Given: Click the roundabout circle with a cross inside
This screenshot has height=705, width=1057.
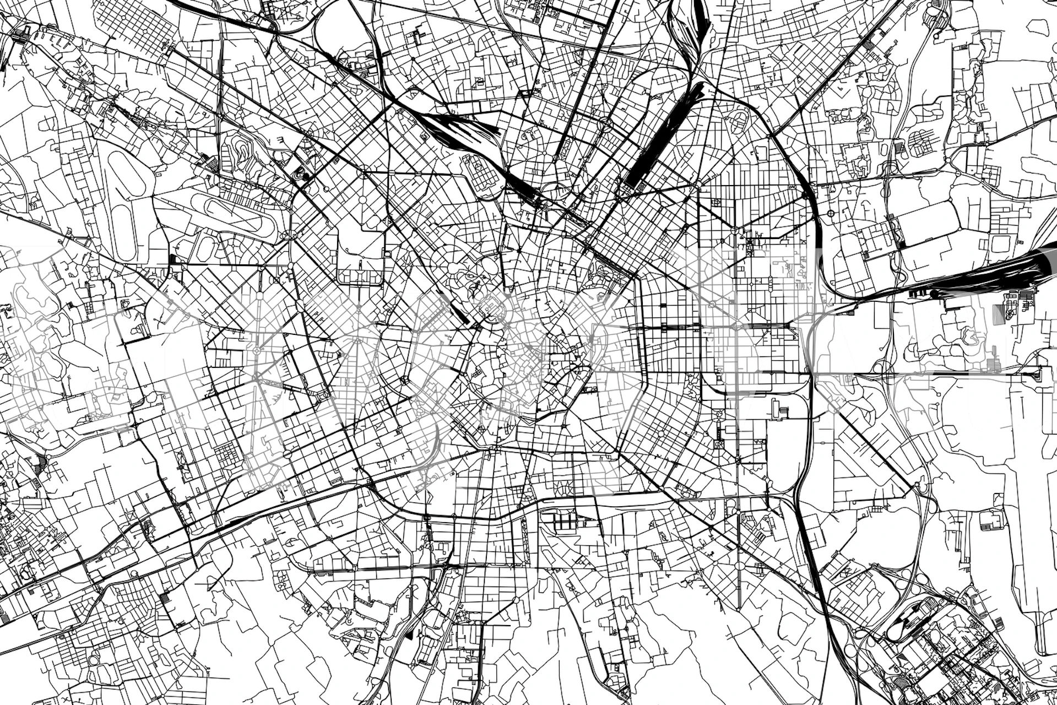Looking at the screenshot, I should pyautogui.click(x=831, y=213).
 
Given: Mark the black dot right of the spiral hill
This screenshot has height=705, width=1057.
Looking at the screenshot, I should pyautogui.click(x=301, y=176).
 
